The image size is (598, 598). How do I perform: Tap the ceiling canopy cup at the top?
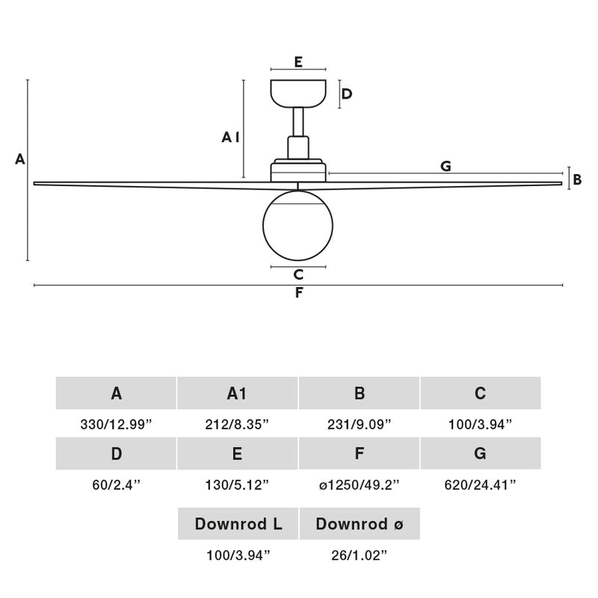pos(298,93)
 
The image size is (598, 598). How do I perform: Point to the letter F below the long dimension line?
pos(299,293)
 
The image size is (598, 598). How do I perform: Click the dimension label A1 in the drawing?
pos(230,137)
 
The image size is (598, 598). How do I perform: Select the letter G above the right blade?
pos(446,166)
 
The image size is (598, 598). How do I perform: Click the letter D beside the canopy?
pos(347,94)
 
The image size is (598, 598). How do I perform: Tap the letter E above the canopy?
pos(298,62)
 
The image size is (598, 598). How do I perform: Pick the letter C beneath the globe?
pos(298,274)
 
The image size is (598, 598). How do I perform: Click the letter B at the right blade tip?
pos(577,179)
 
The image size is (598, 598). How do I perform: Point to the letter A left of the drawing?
pos(20,159)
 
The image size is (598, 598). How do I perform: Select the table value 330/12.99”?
pos(116,424)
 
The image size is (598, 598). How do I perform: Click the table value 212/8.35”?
pos(237,424)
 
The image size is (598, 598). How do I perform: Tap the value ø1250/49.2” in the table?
pos(360,484)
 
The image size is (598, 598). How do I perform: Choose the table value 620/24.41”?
pos(481,484)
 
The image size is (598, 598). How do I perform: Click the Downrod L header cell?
pos(238,524)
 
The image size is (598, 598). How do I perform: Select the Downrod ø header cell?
pos(360,524)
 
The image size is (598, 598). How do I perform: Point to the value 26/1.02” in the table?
pos(360,555)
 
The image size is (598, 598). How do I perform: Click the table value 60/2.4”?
pos(116,484)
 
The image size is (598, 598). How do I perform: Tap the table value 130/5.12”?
pos(237,484)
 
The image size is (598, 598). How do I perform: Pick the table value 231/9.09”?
pos(360,424)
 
